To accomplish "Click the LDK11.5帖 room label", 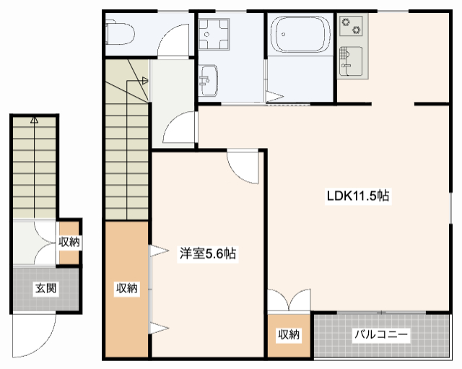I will pyautogui.click(x=359, y=195).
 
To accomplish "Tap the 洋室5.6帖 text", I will pyautogui.click(x=208, y=253).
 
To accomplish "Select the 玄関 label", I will pyautogui.click(x=45, y=288).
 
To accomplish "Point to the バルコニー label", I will pyautogui.click(x=380, y=335).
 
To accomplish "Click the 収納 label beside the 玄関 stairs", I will pyautogui.click(x=69, y=243).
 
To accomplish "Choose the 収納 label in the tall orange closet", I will pyautogui.click(x=127, y=288).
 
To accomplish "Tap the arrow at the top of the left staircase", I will pyautogui.click(x=34, y=121).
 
